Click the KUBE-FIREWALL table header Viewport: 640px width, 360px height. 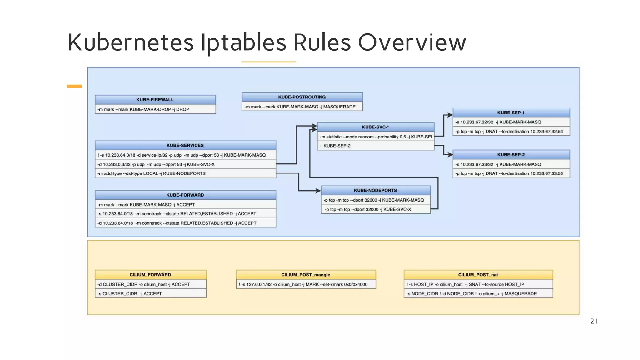tap(155, 100)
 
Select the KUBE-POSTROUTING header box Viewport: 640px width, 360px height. tap(302, 97)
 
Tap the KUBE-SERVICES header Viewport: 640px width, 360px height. tap(185, 145)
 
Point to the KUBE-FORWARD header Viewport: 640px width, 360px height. tap(185, 195)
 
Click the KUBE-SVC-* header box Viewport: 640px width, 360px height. tap(375, 127)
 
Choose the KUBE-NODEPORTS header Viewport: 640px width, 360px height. tap(375, 190)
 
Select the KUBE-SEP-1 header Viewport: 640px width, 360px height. tap(511, 112)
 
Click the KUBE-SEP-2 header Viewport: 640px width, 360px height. tap(511, 155)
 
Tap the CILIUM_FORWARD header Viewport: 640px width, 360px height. tap(150, 275)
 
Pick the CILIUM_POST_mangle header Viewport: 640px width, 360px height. tap(306, 275)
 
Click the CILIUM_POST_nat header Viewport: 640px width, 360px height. tap(478, 275)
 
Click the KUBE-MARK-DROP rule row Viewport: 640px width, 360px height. tap(155, 109)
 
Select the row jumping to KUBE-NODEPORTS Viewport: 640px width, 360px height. tap(185, 173)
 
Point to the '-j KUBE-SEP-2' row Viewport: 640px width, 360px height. tap(375, 146)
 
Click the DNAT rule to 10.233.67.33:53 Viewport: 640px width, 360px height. tap(511, 173)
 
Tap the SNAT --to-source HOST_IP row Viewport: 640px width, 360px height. tap(478, 284)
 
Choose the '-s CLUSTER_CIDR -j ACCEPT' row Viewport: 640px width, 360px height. tap(150, 294)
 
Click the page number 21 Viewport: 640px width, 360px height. tap(594, 321)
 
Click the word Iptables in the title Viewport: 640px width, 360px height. tap(243, 42)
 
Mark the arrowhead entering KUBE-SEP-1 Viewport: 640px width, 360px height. tap(450, 115)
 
